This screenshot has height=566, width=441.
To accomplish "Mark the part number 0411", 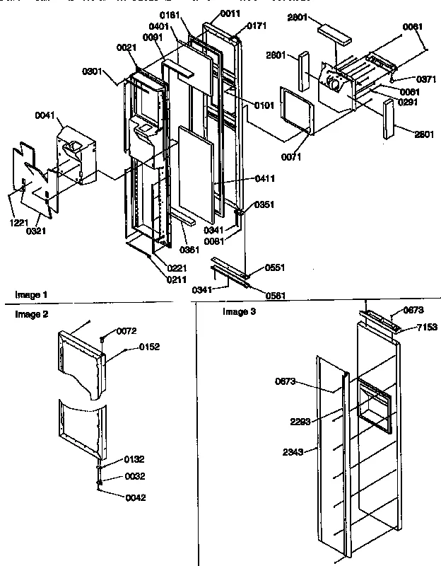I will pyautogui.click(x=264, y=180).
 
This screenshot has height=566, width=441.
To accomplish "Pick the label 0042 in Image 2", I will pyautogui.click(x=136, y=497).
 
